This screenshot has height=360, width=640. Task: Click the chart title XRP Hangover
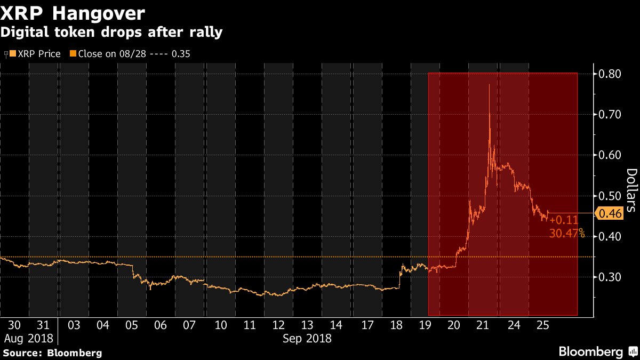(x=73, y=12)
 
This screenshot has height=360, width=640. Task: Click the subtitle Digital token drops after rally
(x=111, y=32)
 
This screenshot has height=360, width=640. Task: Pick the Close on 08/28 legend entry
(x=131, y=54)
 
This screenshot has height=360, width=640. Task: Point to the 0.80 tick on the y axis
(x=609, y=74)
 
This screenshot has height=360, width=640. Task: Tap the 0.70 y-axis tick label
(x=609, y=114)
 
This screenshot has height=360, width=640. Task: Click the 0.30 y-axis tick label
(x=609, y=277)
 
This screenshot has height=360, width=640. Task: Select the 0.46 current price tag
(x=610, y=213)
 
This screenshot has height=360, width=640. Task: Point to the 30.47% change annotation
(x=566, y=233)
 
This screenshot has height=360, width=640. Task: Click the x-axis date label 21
(x=483, y=325)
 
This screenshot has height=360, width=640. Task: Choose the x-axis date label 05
(x=132, y=325)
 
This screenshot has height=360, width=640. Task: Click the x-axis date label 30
(x=15, y=325)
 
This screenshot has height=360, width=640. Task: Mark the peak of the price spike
(x=489, y=84)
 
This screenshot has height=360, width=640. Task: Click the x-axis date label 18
(x=396, y=325)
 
